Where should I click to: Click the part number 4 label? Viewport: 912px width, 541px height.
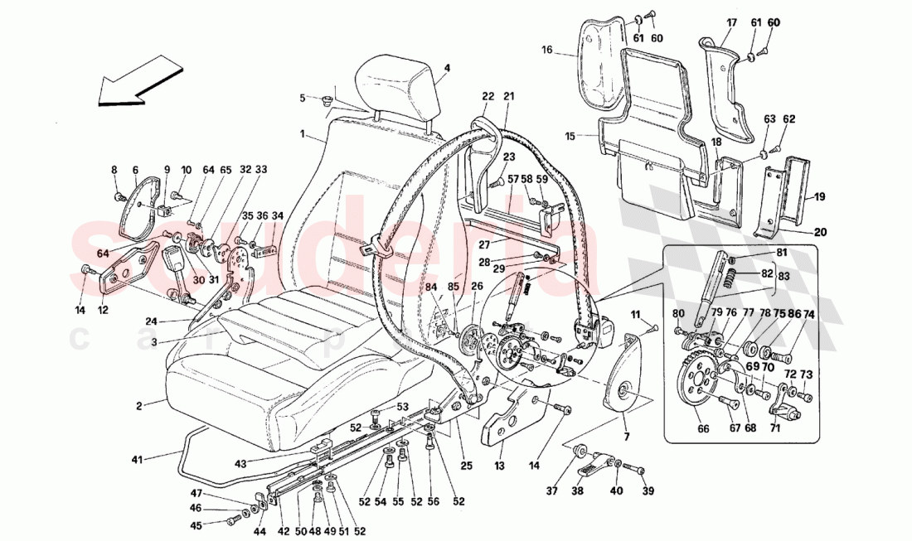pos(446,68)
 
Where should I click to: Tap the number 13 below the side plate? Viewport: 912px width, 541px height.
pos(499,468)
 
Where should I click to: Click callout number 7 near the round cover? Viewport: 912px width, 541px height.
pos(626,436)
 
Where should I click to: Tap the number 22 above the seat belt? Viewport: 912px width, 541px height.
pos(488,97)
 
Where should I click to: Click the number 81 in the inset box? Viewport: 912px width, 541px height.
pos(782,252)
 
